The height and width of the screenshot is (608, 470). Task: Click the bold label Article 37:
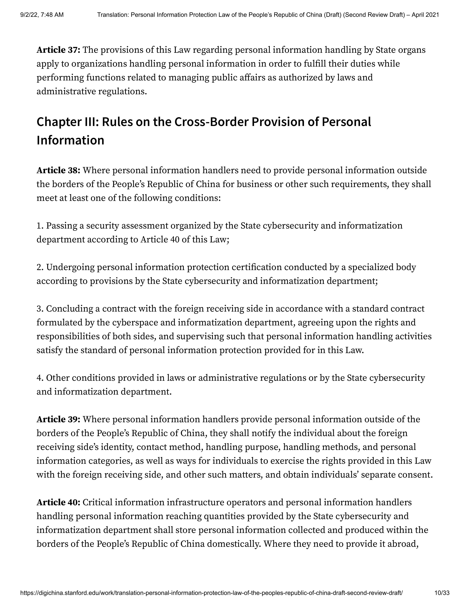[x=58, y=50]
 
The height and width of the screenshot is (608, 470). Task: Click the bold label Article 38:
[x=58, y=170]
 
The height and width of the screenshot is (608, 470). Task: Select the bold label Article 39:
[x=58, y=419]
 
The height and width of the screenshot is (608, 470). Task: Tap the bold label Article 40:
[x=58, y=502]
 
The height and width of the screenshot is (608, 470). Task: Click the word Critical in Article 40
[x=97, y=502]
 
